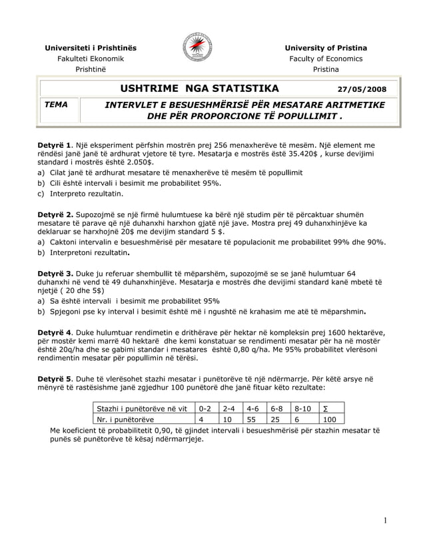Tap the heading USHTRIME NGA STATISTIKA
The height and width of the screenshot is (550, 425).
pos(200,89)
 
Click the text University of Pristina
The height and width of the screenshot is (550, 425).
pos(326,48)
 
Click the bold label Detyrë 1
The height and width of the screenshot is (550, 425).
pos(55,144)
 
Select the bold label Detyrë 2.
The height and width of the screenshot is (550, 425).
pos(55,214)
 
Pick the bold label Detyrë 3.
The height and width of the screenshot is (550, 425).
pos(55,273)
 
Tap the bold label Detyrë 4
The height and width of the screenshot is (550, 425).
pos(55,332)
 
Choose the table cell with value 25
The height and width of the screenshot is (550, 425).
pos(278,419)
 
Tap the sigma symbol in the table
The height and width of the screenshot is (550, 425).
pos(324,408)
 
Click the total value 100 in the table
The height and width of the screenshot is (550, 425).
pos(330,419)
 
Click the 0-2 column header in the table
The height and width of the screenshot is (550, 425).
pos(206,408)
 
